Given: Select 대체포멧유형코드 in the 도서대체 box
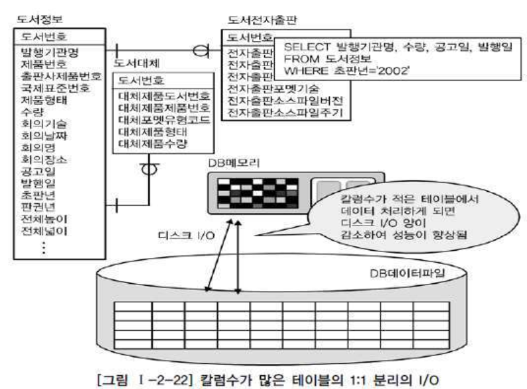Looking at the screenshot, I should [x=163, y=119].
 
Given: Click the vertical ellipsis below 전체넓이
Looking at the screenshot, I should [x=44, y=248].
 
